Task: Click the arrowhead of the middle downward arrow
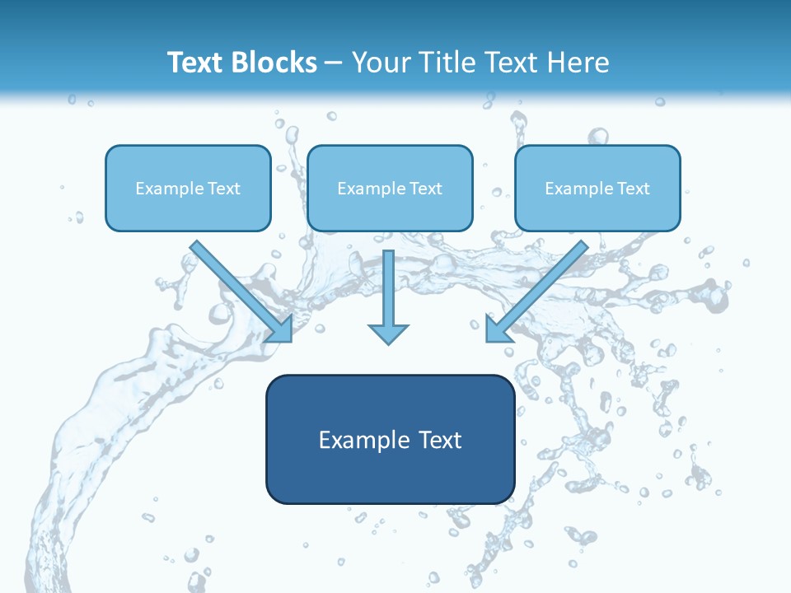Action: tap(388, 333)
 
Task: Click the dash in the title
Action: tap(334, 63)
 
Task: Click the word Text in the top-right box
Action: tap(634, 189)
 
